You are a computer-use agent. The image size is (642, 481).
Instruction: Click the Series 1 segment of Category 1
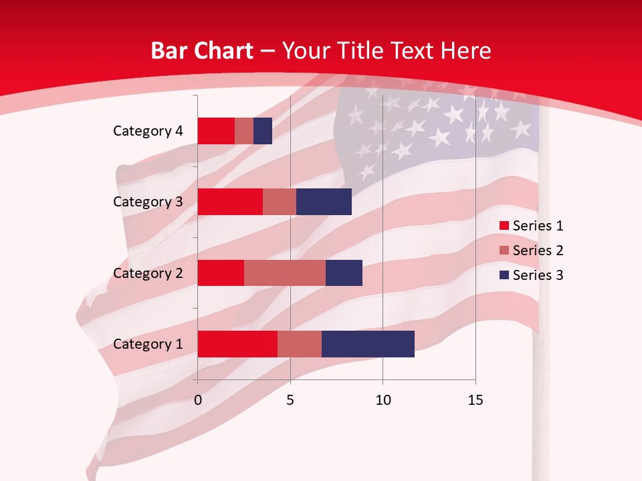coord(237,344)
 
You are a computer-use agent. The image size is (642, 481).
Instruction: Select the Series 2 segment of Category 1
coord(300,344)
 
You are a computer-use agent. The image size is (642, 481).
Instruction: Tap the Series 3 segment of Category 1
coord(368,344)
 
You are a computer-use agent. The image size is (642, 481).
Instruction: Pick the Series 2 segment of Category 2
coord(285,273)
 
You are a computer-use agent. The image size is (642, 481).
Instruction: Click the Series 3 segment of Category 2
coord(344,273)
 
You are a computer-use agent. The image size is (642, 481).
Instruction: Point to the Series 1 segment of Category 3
coord(230,202)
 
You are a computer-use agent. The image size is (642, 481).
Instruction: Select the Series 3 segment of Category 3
coord(324,202)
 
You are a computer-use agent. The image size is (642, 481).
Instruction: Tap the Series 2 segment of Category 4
coord(244,131)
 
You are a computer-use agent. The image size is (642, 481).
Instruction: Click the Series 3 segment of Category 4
coord(263,131)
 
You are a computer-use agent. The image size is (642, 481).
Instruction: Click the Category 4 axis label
coord(148,131)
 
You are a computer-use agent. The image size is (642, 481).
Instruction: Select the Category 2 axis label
coord(148,273)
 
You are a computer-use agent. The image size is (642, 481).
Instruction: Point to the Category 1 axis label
coord(148,344)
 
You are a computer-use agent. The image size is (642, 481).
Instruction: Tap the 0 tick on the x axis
coord(198,400)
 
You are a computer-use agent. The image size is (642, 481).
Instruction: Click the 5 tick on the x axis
coord(290,400)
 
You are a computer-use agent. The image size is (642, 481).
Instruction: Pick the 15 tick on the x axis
coord(475,400)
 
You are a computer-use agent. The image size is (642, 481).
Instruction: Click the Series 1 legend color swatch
coord(504,226)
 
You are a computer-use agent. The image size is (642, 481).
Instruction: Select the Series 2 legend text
coord(538,251)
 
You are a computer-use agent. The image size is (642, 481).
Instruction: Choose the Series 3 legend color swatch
coord(504,275)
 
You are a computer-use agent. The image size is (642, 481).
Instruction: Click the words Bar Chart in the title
coord(202,51)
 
